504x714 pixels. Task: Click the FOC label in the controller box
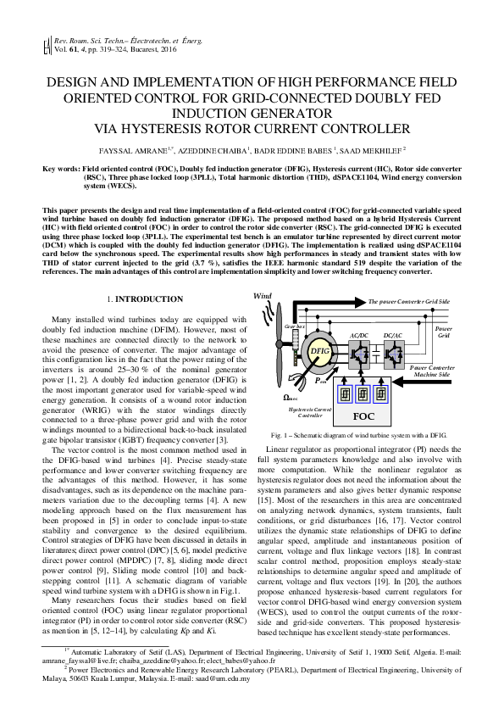(363, 416)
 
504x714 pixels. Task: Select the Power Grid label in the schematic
(444, 331)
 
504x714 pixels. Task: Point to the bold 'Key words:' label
(61, 170)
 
